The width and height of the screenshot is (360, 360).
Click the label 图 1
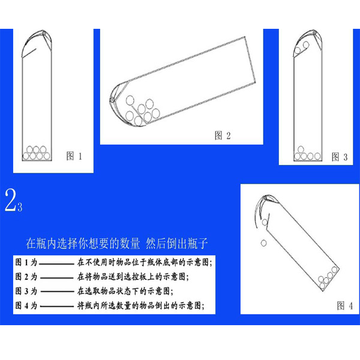pos(74,156)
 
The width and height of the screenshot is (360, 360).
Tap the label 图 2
pos(222,136)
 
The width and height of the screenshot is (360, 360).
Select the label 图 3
pos(340,157)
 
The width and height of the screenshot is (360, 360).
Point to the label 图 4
pos(344,305)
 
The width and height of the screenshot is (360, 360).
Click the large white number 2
pos(10,200)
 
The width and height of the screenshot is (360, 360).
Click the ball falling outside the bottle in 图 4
pos(264,243)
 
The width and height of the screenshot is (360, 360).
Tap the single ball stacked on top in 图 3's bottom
pos(301,149)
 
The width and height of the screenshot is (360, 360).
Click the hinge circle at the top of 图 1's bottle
pos(43,33)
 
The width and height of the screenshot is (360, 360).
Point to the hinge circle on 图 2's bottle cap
pos(112,100)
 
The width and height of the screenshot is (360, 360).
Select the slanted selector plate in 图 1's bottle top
pos(29,53)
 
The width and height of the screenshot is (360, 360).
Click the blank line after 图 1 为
pos(57,264)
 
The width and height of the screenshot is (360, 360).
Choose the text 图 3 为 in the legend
pos(26,291)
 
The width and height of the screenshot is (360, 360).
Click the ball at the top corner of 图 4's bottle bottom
pos(334,269)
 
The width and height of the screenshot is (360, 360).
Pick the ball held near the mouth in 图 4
pos(265,222)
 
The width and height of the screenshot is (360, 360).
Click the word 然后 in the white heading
pos(155,244)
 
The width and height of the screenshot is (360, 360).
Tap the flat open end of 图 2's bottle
pos(250,59)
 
